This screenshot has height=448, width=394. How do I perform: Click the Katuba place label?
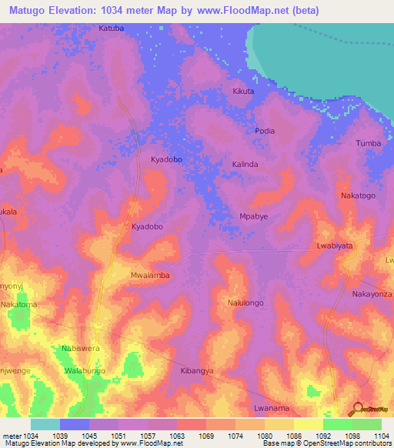[110, 28]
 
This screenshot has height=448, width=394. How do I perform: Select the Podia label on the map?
[265, 131]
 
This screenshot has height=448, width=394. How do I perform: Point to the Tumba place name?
[369, 144]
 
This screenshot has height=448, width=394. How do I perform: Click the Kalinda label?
[245, 165]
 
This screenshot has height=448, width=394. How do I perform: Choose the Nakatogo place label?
[358, 196]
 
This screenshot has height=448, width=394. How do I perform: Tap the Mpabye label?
[254, 216]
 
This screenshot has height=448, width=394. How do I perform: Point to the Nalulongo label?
[245, 303]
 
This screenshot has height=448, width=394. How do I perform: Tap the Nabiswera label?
[81, 348]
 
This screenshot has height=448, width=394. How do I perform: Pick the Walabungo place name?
[85, 371]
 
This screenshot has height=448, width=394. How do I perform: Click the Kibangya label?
[196, 371]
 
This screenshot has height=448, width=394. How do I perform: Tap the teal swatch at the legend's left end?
[45, 424]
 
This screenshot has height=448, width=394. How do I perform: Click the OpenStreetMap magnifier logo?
[358, 409]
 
